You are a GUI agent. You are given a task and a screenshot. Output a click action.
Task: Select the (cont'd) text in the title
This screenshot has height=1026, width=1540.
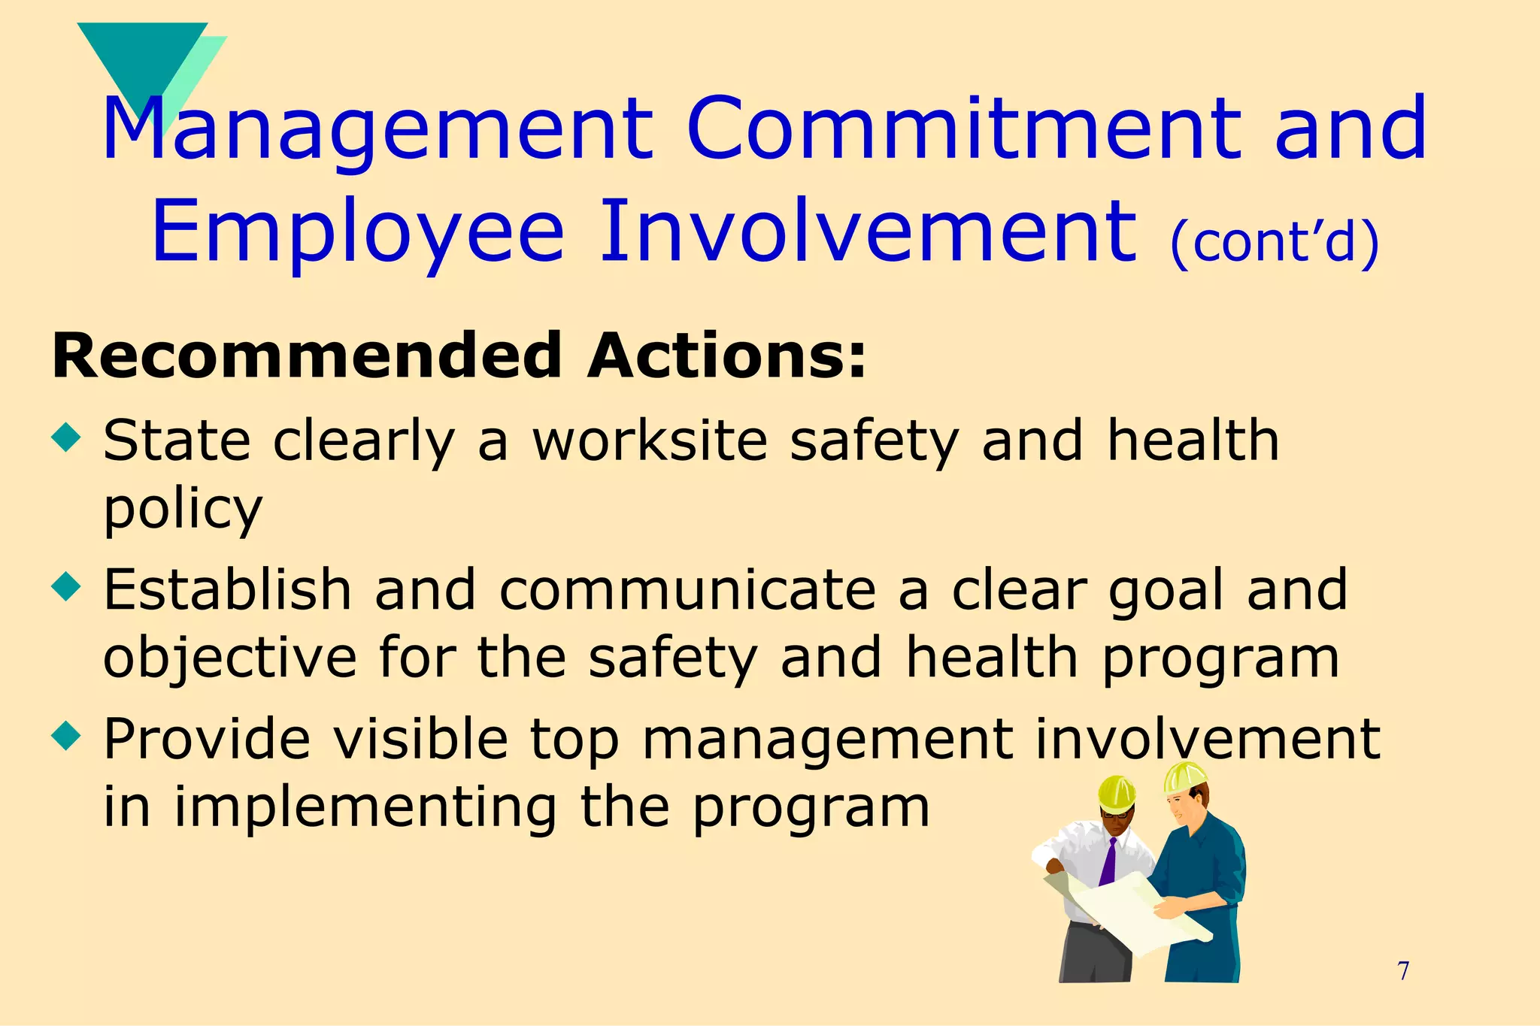pyautogui.click(x=1275, y=242)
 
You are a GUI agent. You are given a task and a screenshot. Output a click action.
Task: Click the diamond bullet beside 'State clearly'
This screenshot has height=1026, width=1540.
pyautogui.click(x=66, y=437)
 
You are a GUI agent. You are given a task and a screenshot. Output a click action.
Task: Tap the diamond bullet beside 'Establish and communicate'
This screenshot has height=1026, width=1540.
pyautogui.click(x=66, y=586)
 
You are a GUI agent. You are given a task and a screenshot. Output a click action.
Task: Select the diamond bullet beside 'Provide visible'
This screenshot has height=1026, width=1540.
pyautogui.click(x=66, y=736)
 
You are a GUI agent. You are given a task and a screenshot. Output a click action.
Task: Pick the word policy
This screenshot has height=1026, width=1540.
pyautogui.click(x=183, y=510)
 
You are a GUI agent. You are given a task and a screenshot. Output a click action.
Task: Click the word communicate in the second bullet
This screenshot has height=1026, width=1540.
pyautogui.click(x=687, y=589)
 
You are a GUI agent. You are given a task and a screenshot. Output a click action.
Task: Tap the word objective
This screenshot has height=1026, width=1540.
pyautogui.click(x=229, y=658)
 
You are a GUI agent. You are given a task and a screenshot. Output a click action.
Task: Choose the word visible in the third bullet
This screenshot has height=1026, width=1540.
pyautogui.click(x=420, y=738)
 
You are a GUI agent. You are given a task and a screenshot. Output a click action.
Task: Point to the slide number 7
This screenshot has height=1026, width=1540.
pyautogui.click(x=1403, y=971)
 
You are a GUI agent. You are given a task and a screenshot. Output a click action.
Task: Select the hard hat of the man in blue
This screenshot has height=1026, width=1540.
pyautogui.click(x=1184, y=777)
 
